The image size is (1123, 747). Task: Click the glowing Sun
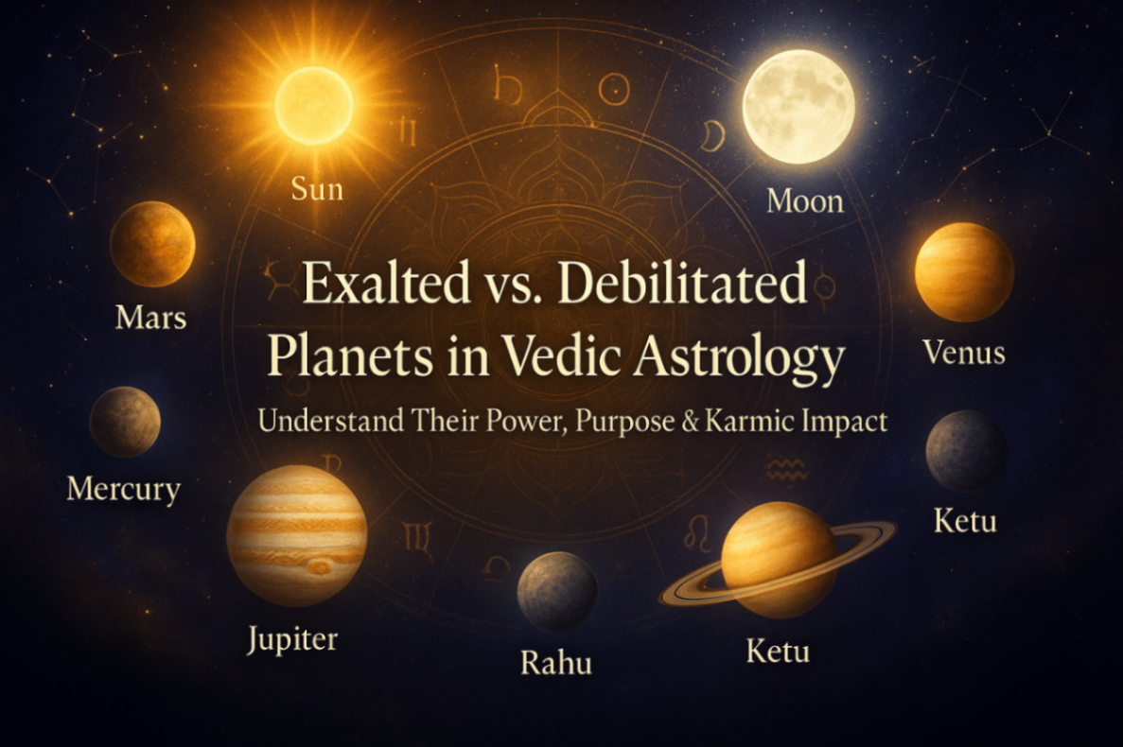pyautogui.click(x=314, y=105)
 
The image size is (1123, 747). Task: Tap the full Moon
pyautogui.click(x=798, y=107)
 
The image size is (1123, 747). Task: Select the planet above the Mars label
pyautogui.click(x=152, y=244)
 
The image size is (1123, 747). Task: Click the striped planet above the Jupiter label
pyautogui.click(x=296, y=535)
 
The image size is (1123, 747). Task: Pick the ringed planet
pyautogui.click(x=778, y=560)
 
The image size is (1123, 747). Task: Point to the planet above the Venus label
pyautogui.click(x=963, y=272)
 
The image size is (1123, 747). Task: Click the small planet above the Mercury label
pyautogui.click(x=125, y=422)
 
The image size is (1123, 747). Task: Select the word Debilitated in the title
pyautogui.click(x=677, y=285)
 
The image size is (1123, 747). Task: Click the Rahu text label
pyautogui.click(x=556, y=662)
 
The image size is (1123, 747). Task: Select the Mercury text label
pyautogui.click(x=123, y=489)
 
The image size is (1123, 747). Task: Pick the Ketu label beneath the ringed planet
pyautogui.click(x=778, y=651)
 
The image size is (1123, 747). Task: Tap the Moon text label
pyautogui.click(x=804, y=200)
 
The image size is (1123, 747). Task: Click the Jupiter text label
pyautogui.click(x=292, y=639)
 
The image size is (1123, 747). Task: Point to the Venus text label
pyautogui.click(x=963, y=353)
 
